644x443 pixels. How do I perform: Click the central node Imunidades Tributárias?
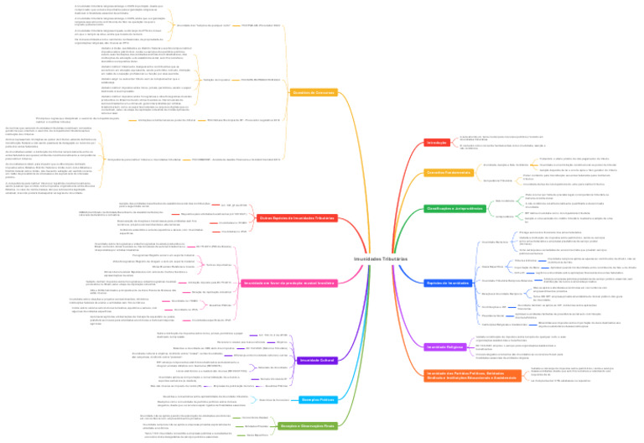pyautogui.click(x=371, y=259)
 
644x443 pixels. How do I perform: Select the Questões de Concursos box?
pyautogui.click(x=308, y=92)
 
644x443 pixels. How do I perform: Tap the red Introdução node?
pyautogui.click(x=437, y=143)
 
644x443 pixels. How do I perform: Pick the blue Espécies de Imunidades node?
pyautogui.click(x=448, y=283)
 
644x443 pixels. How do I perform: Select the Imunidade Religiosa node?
pyautogui.click(x=446, y=347)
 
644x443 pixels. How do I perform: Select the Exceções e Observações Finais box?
pyautogui.click(x=306, y=426)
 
